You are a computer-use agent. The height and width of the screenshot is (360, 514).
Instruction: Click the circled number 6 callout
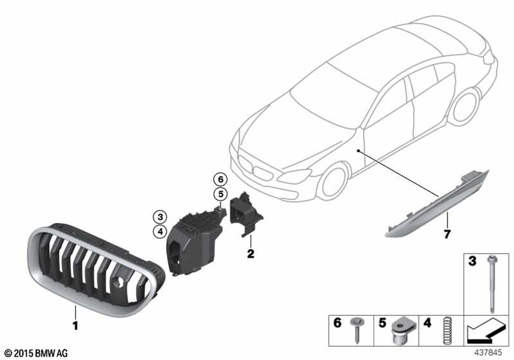[221, 179]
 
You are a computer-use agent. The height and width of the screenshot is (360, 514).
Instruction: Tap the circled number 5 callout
[221, 194]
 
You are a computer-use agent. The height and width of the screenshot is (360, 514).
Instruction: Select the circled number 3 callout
[160, 217]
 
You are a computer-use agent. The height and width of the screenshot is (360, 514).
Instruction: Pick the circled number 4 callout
[160, 232]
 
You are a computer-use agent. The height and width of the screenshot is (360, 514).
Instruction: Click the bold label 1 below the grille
[76, 326]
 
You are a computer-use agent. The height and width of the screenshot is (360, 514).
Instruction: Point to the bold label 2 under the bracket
[250, 254]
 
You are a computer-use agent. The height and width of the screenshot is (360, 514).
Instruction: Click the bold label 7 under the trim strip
[447, 234]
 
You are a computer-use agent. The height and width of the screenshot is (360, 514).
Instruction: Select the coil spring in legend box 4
[446, 331]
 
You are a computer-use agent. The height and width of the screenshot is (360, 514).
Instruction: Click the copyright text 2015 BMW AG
[36, 353]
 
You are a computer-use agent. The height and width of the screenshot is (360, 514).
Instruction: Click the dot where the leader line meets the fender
[359, 151]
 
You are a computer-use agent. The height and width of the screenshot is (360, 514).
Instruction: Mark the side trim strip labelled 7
[436, 205]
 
